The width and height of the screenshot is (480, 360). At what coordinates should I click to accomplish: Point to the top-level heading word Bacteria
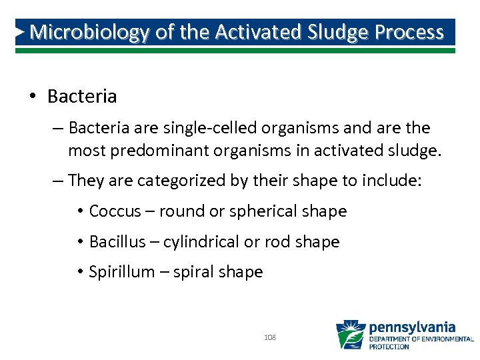(82, 97)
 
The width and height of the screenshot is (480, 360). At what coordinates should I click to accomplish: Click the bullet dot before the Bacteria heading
(32, 97)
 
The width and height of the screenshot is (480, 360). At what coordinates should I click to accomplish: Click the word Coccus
(115, 211)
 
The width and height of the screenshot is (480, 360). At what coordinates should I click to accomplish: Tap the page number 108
(270, 338)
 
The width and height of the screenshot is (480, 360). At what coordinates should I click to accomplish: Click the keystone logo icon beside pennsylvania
(350, 335)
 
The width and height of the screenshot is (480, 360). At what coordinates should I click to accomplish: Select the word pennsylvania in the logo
(411, 327)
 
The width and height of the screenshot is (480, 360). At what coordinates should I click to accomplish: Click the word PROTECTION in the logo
(389, 347)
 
